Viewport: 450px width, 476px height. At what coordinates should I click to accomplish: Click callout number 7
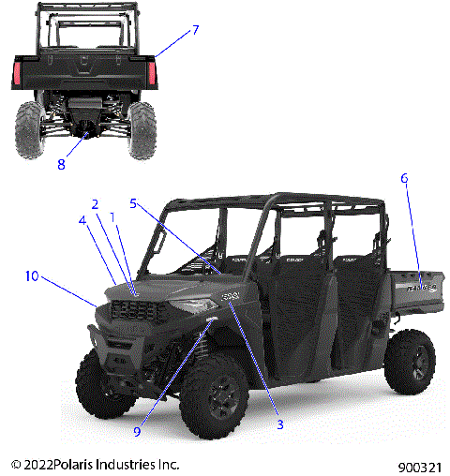[195, 30]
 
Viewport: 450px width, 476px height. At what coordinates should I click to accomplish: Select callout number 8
[61, 165]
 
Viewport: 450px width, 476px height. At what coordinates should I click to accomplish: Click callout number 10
[33, 276]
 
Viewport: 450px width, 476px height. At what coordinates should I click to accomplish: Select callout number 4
[82, 221]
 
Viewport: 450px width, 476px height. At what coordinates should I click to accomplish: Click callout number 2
[95, 204]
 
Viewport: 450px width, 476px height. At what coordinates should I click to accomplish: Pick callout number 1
[113, 216]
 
